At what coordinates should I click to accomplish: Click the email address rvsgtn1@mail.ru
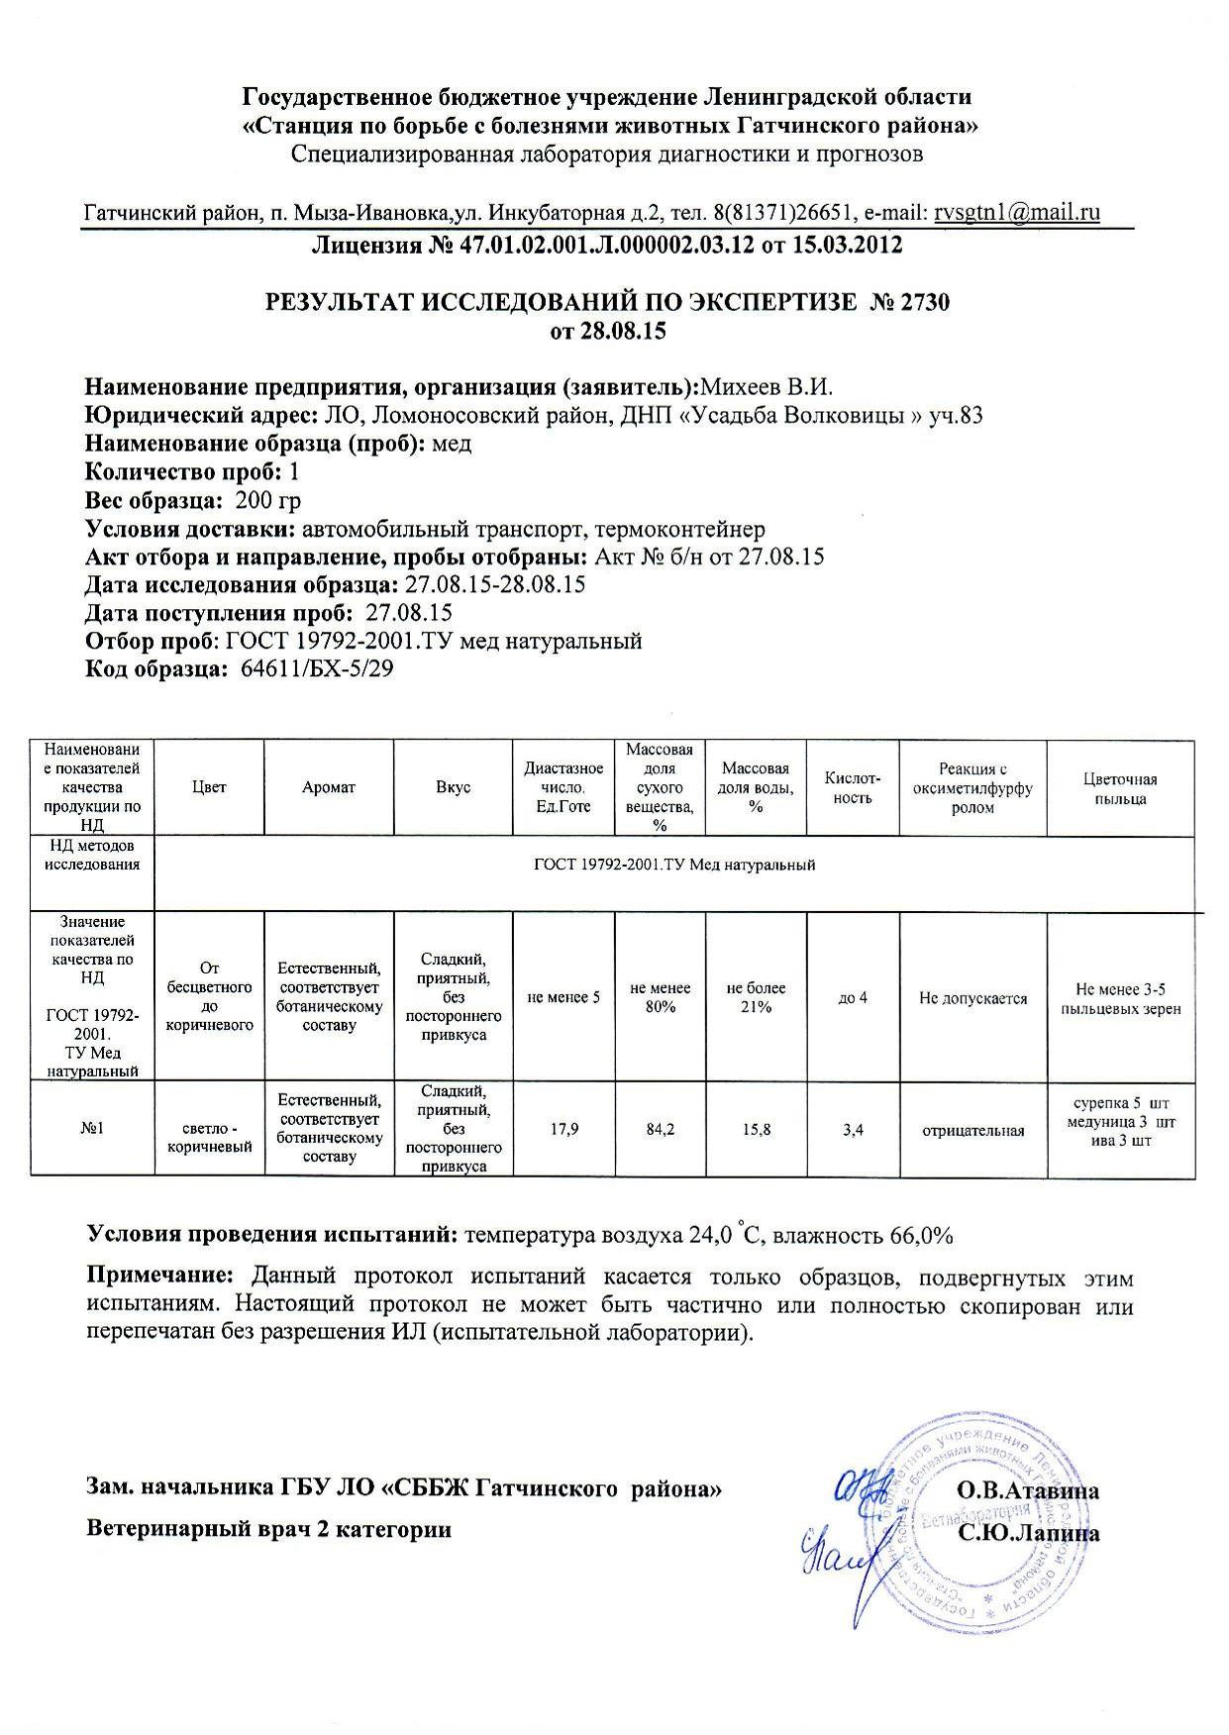(1017, 212)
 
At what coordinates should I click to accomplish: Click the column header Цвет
(210, 787)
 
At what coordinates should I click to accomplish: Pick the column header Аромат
(329, 787)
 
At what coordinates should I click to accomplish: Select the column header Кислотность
(853, 787)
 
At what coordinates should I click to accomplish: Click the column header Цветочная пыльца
(1120, 788)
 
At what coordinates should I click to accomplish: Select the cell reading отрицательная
(973, 1130)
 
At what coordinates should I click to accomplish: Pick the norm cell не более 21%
(756, 996)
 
